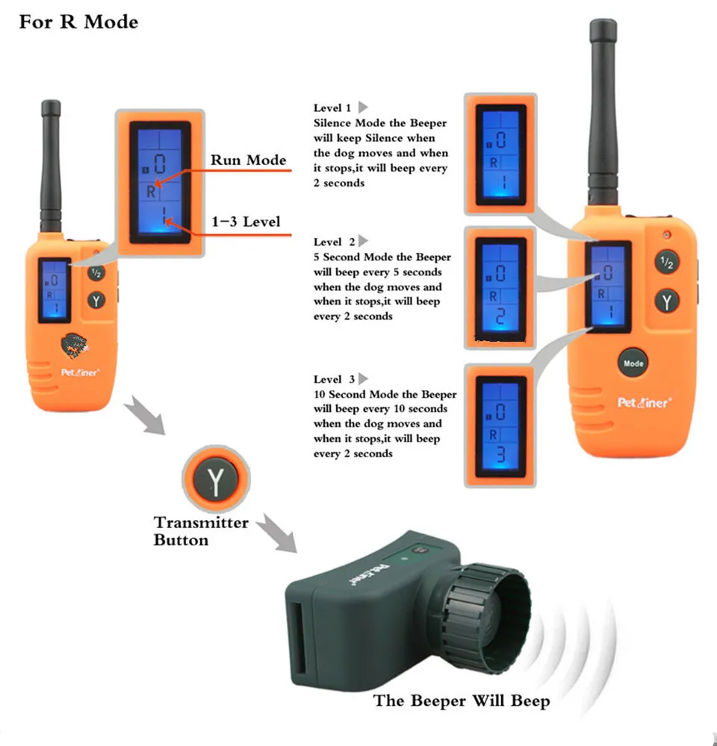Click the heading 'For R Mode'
coord(78,22)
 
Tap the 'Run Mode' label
coord(248,160)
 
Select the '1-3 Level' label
coord(246,222)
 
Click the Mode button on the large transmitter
coord(633,363)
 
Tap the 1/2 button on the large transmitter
coord(666,262)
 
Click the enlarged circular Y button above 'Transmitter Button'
coord(216,478)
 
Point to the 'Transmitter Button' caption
coord(201,531)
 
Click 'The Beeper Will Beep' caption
coord(461,700)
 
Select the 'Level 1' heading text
coord(332,108)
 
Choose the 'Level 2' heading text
coord(334,242)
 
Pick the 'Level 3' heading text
coord(334,379)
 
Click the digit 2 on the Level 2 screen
coord(500,316)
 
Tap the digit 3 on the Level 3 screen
coord(500,454)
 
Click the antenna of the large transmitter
coord(603,113)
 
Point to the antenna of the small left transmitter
coord(51,166)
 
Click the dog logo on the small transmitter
coord(75,345)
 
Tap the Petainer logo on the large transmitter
coord(645,403)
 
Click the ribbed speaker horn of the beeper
coord(486,618)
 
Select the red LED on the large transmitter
coord(667,234)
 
